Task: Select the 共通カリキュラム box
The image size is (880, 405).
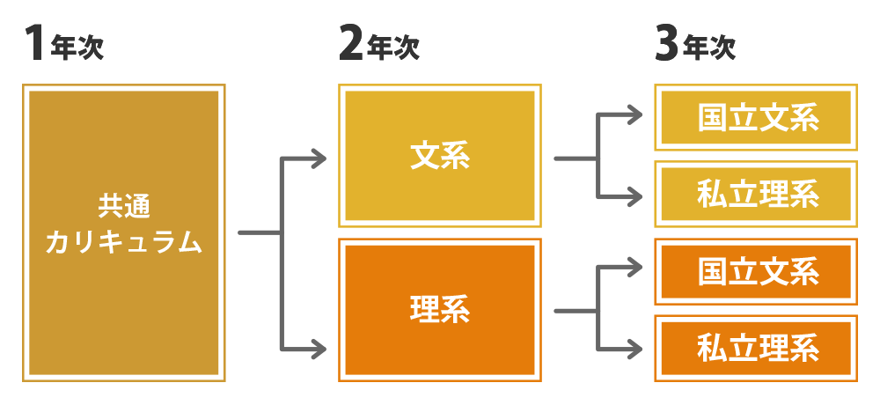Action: [x=123, y=233]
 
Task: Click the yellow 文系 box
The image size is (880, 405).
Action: [x=440, y=156]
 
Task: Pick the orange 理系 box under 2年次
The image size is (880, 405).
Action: [x=440, y=310]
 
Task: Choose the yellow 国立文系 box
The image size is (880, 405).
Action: [x=757, y=117]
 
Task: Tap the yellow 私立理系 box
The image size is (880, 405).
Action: [x=757, y=194]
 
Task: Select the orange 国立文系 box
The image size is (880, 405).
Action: [x=757, y=272]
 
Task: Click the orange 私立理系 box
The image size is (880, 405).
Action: [x=757, y=349]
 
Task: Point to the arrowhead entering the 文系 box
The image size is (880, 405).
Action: [x=319, y=159]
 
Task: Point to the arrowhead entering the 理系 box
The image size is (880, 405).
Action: [x=319, y=350]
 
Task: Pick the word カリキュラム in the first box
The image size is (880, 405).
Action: [x=123, y=243]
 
